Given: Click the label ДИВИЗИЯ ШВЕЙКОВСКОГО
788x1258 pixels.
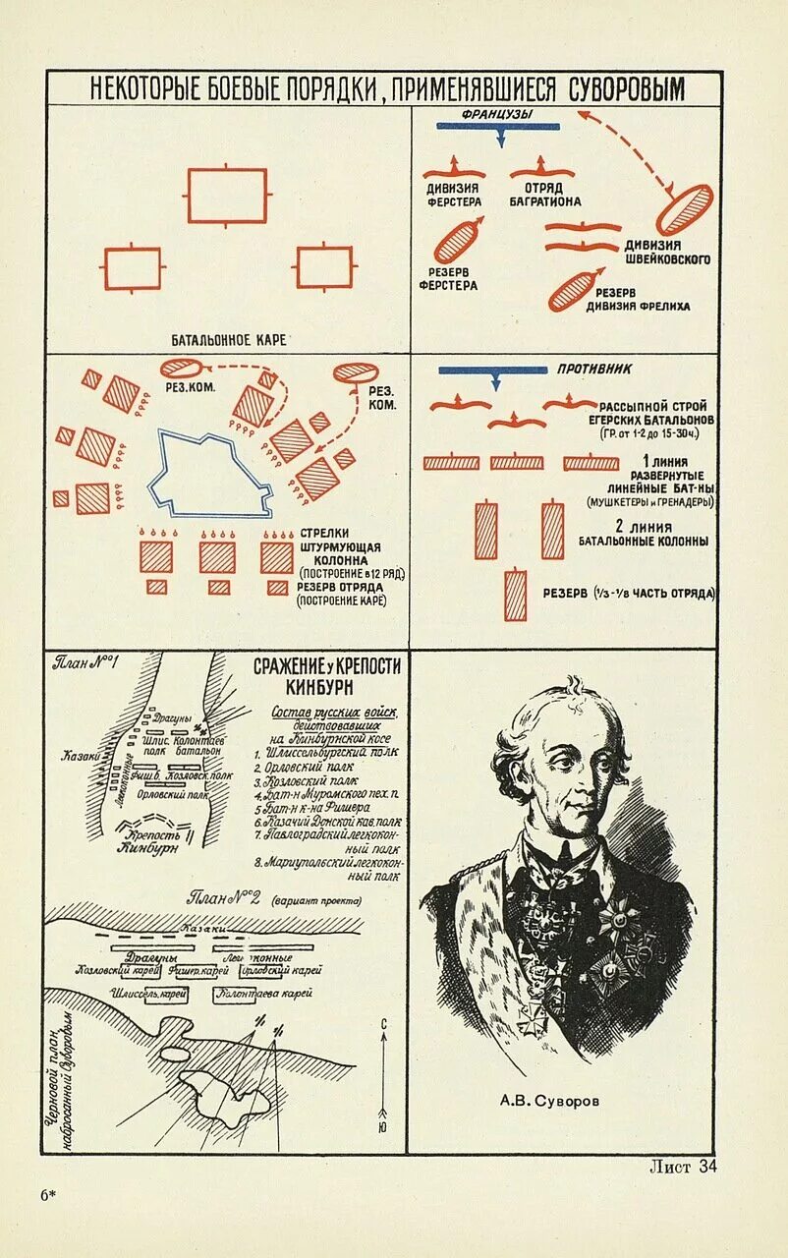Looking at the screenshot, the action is click(667, 252).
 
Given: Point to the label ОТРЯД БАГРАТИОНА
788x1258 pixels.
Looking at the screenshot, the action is click(544, 194).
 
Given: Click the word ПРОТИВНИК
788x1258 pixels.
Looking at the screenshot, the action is click(593, 370).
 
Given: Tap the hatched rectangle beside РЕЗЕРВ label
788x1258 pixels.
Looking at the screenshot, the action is click(516, 595).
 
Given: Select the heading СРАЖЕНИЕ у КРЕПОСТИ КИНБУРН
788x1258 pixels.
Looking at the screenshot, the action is click(327, 675).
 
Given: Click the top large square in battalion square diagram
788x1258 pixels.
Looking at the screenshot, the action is click(227, 196).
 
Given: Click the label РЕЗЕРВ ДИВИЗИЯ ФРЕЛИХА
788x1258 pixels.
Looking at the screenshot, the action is click(639, 299).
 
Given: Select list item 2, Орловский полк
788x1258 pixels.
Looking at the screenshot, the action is click(305, 766).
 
